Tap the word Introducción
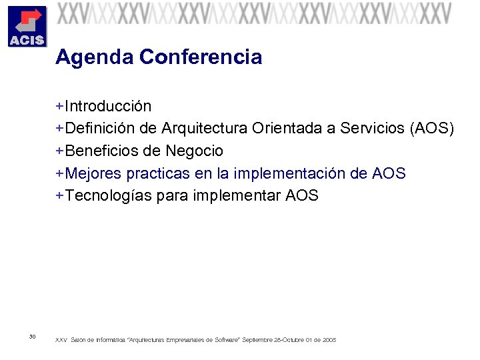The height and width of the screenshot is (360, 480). point(108,107)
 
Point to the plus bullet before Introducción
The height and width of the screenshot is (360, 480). point(59,107)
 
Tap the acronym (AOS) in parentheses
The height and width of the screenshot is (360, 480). point(433,129)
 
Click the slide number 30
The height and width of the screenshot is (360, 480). point(33,336)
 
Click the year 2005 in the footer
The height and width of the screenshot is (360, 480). point(329,340)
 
